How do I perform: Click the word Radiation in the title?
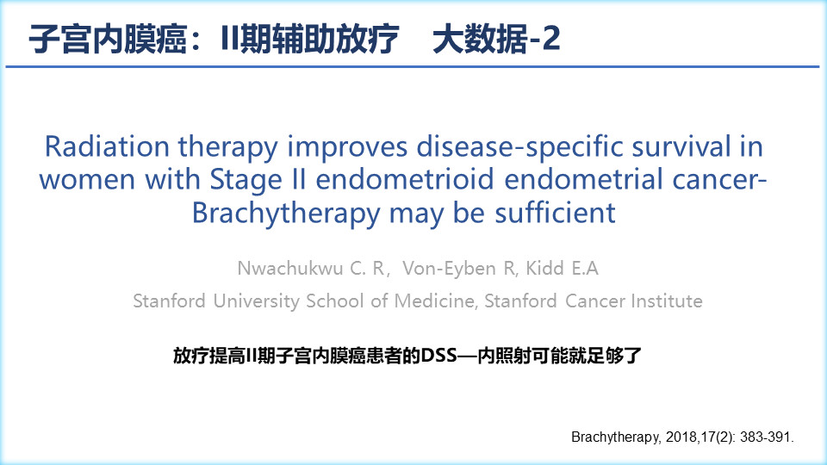point(107,146)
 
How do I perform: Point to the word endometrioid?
point(405,179)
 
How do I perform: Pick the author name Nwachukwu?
point(290,269)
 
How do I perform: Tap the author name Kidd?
point(544,269)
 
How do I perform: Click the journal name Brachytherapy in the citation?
point(614,437)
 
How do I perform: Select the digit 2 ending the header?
point(550,39)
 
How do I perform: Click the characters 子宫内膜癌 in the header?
point(108,39)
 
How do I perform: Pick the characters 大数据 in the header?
point(479,39)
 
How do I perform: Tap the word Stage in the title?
point(246,180)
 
